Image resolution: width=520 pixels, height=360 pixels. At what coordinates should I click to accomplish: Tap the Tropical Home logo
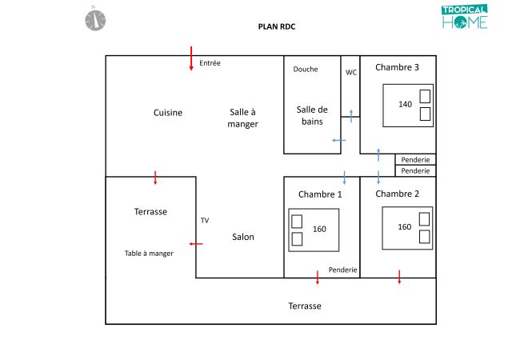tap(464, 18)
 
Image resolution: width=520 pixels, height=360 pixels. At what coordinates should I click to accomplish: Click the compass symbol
tap(95, 18)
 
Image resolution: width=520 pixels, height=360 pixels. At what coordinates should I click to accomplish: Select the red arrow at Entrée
tap(191, 58)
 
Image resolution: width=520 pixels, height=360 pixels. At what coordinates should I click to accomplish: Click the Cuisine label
tap(168, 113)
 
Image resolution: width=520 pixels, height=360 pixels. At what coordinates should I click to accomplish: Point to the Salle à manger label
tap(242, 118)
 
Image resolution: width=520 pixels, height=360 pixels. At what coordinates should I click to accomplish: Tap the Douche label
tap(306, 70)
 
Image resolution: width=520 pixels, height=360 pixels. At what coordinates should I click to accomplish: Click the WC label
tap(351, 72)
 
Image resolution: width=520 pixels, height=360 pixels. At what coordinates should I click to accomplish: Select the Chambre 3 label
tap(398, 68)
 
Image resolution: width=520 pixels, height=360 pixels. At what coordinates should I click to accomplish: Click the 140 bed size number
tap(406, 105)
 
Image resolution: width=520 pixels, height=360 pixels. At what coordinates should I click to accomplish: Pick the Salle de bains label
tap(312, 115)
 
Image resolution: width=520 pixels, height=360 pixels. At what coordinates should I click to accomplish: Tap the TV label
tap(205, 220)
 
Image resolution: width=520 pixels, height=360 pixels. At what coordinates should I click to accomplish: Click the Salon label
tap(243, 237)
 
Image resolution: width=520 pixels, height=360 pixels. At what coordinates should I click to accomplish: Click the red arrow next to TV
tap(195, 243)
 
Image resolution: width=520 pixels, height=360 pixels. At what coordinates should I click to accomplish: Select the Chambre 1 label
tap(320, 194)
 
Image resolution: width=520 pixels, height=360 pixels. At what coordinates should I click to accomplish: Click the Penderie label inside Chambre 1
tap(342, 270)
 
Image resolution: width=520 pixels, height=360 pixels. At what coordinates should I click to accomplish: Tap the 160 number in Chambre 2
tap(405, 227)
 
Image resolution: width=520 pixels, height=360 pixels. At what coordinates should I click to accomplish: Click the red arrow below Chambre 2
tap(399, 277)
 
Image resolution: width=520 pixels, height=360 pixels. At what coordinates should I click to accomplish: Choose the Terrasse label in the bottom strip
tap(305, 306)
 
